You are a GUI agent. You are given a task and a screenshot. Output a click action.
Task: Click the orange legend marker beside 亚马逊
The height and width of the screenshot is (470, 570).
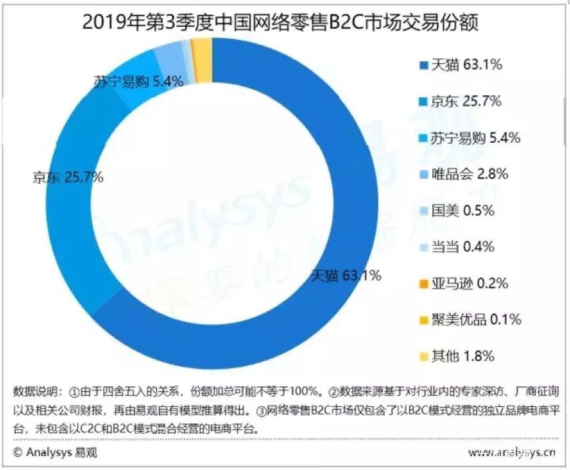(x=422, y=284)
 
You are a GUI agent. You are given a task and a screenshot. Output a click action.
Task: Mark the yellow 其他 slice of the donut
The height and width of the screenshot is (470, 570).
(x=204, y=50)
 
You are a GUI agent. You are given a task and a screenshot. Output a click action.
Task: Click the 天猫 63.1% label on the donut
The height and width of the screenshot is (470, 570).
(x=345, y=276)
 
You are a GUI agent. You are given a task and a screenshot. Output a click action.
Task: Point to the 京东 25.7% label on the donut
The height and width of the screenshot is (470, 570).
(x=67, y=177)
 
